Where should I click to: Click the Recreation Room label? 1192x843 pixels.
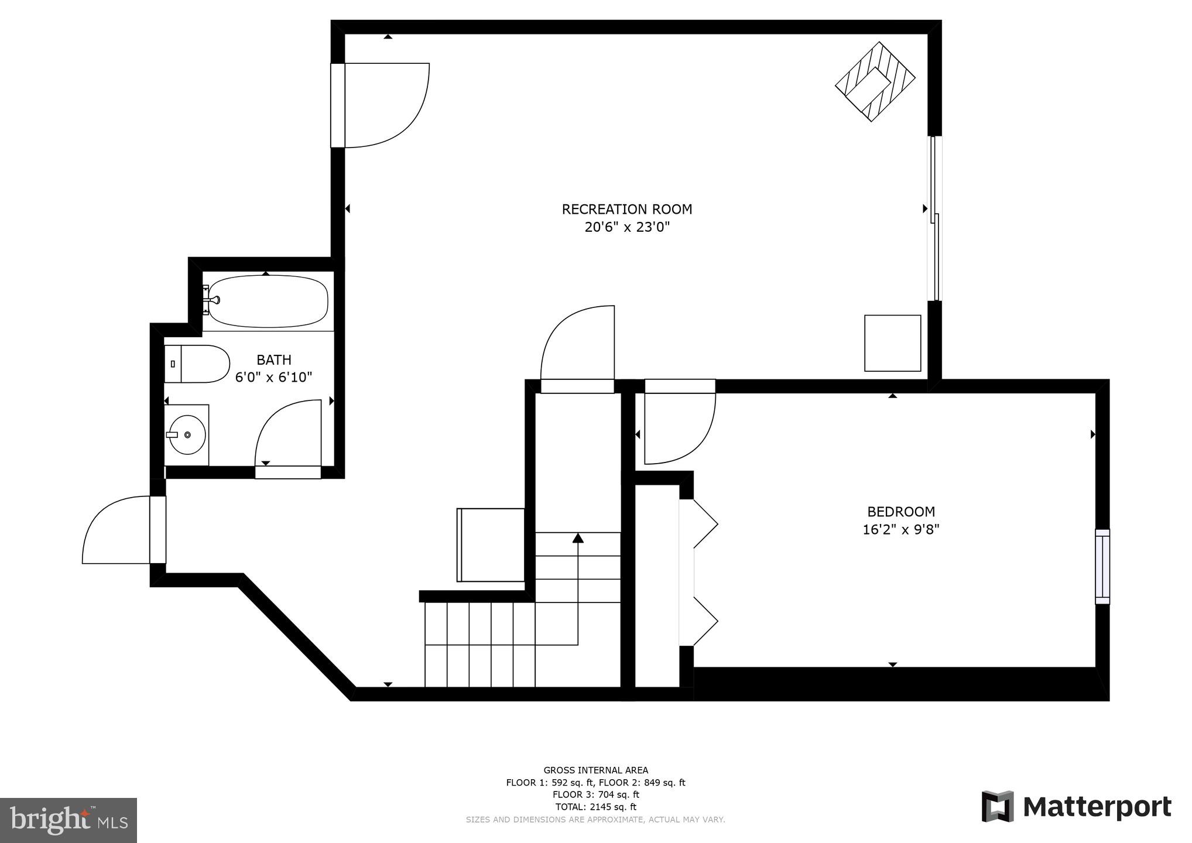click(626, 209)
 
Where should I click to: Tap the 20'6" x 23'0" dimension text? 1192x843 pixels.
click(626, 227)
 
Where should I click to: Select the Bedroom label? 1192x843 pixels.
click(900, 512)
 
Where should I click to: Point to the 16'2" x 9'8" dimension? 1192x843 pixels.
click(900, 530)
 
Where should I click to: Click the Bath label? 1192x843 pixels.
click(273, 359)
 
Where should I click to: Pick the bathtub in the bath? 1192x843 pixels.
click(268, 302)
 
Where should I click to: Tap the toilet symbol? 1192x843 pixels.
click(197, 364)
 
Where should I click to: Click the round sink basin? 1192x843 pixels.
click(187, 435)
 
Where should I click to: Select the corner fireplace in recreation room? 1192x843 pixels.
click(875, 81)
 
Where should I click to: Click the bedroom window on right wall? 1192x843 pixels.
click(1102, 566)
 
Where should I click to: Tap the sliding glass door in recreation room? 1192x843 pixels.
click(934, 218)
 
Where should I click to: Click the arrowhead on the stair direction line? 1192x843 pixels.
click(578, 538)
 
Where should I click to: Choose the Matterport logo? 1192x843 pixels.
click(1076, 807)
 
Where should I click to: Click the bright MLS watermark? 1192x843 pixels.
click(68, 820)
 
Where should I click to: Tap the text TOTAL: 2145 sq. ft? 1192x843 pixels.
click(595, 807)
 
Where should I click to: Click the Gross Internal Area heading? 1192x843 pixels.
click(595, 770)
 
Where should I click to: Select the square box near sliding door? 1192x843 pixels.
click(892, 343)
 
